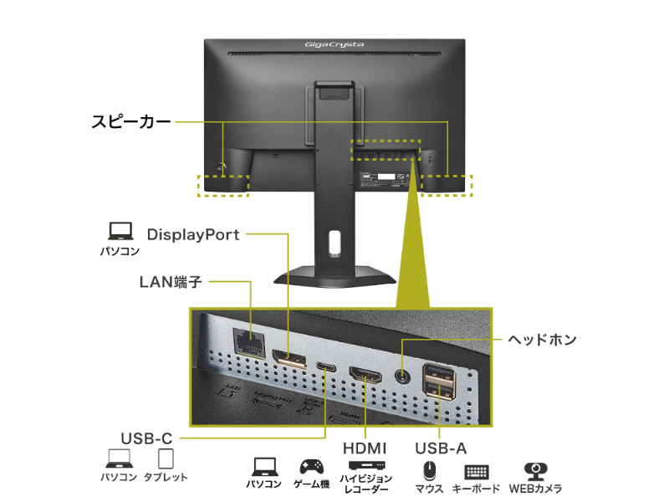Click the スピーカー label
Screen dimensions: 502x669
click(x=130, y=122)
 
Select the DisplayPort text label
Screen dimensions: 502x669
click(x=193, y=234)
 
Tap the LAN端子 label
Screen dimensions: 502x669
click(x=171, y=282)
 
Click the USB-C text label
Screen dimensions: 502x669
click(x=146, y=437)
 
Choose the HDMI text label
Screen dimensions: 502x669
click(x=365, y=448)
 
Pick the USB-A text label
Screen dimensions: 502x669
click(x=440, y=448)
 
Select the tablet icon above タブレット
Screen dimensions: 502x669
click(x=166, y=458)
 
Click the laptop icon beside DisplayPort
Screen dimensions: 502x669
click(x=120, y=231)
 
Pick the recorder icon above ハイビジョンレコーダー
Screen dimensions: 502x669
click(x=365, y=465)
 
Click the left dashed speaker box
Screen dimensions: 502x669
click(x=222, y=185)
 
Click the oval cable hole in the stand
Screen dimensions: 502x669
click(x=334, y=243)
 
